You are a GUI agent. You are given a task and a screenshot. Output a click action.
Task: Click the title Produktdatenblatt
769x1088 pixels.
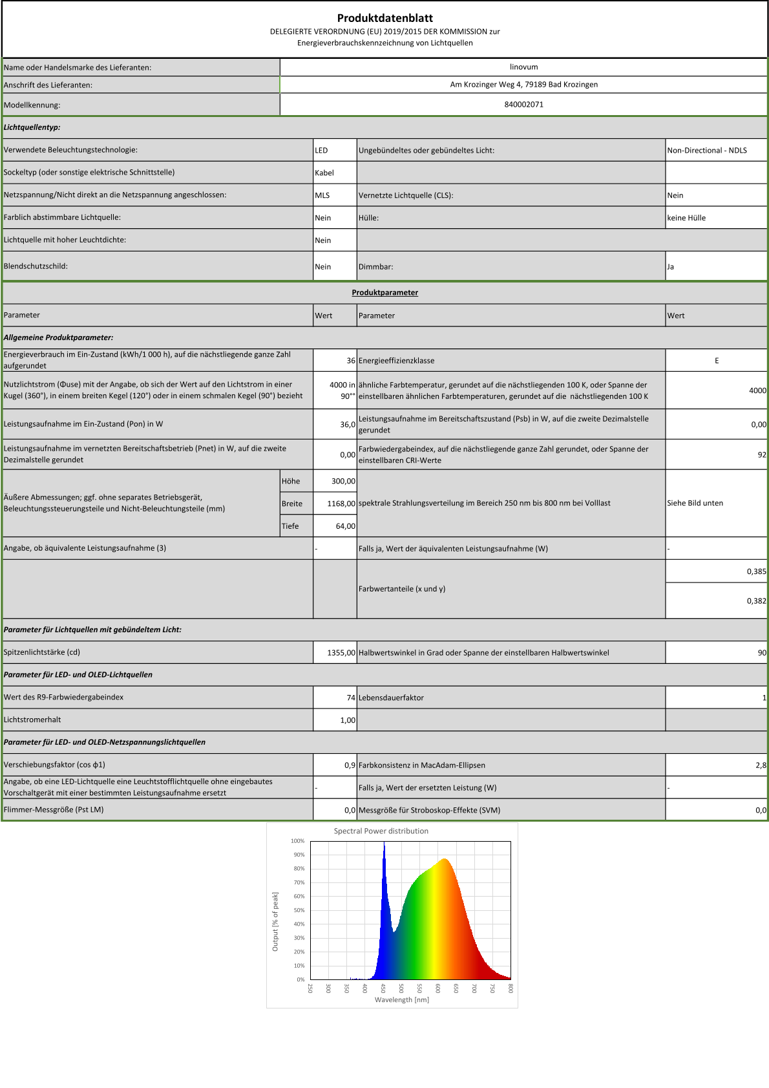pyautogui.click(x=384, y=18)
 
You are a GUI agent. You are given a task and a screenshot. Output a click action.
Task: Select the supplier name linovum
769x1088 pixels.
pyautogui.click(x=523, y=67)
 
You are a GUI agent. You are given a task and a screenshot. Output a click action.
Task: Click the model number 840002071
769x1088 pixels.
pyautogui.click(x=523, y=104)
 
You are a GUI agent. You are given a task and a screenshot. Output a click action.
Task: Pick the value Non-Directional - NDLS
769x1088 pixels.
pyautogui.click(x=706, y=150)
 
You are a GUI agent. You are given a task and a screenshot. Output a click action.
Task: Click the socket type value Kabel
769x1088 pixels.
pyautogui.click(x=324, y=173)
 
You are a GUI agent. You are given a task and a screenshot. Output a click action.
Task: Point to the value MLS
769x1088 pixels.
pyautogui.click(x=322, y=195)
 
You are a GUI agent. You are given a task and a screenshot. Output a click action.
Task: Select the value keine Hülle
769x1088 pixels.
pyautogui.click(x=686, y=218)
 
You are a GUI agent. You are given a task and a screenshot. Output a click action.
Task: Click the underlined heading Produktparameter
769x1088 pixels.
pyautogui.click(x=384, y=292)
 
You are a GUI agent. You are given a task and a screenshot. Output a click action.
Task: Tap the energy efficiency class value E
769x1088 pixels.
pyautogui.click(x=716, y=361)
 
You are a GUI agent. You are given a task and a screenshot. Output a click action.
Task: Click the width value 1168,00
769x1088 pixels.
pyautogui.click(x=341, y=504)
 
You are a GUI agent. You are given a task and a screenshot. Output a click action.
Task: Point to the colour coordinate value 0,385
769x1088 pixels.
pyautogui.click(x=756, y=571)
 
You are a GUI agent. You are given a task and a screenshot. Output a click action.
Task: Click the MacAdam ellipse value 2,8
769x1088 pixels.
pyautogui.click(x=761, y=765)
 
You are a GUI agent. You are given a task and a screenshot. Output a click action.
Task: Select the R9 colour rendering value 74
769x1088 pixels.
pyautogui.click(x=351, y=698)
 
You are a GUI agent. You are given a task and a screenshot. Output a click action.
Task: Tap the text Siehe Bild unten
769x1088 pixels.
pyautogui.click(x=695, y=503)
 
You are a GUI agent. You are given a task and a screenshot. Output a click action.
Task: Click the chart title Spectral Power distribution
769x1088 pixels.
pyautogui.click(x=381, y=831)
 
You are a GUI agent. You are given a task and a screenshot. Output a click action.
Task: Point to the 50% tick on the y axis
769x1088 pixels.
pyautogui.click(x=299, y=910)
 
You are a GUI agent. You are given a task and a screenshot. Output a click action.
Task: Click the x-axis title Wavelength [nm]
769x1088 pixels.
pyautogui.click(x=401, y=999)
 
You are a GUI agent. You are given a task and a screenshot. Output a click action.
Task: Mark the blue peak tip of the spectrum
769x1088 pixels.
pyautogui.click(x=384, y=844)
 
